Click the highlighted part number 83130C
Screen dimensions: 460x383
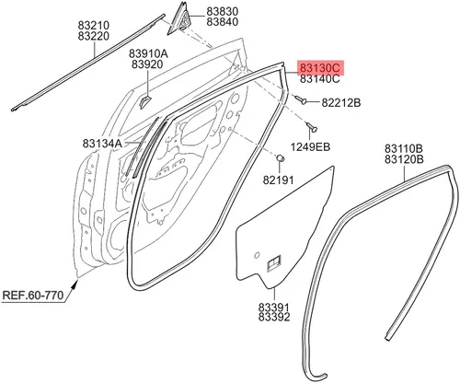pyautogui.click(x=319, y=68)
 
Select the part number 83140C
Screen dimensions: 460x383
pyautogui.click(x=319, y=79)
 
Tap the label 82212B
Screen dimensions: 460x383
pyautogui.click(x=341, y=103)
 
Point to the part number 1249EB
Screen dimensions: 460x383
pyautogui.click(x=310, y=147)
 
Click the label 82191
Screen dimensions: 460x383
pyautogui.click(x=278, y=180)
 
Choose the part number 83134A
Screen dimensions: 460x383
pyautogui.click(x=102, y=144)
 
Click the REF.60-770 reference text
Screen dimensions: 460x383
pyautogui.click(x=33, y=296)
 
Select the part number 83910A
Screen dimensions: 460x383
pyautogui.click(x=148, y=54)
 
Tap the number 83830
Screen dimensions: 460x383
pyautogui.click(x=223, y=12)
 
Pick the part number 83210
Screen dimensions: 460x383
pyautogui.click(x=94, y=25)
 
